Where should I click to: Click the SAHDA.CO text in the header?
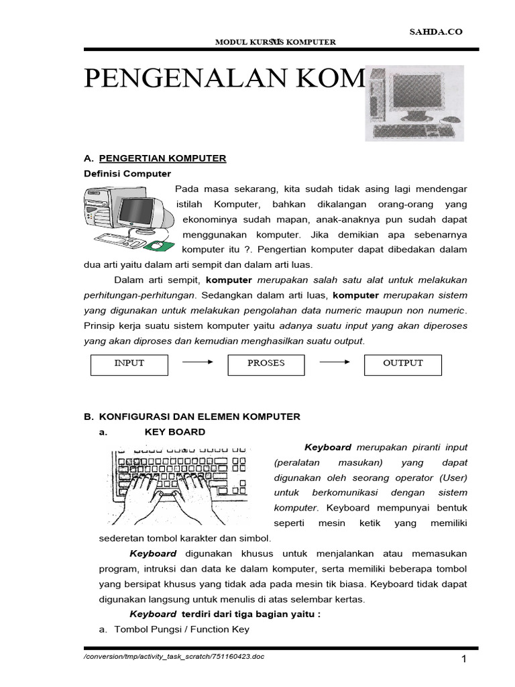[437, 32]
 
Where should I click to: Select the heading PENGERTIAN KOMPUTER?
[163, 158]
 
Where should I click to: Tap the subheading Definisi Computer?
[127, 174]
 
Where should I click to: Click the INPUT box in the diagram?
[129, 364]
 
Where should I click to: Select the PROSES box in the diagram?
[266, 364]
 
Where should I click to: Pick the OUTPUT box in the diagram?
[403, 364]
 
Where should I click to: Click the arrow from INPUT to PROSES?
[198, 363]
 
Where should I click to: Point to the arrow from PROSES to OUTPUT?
[335, 363]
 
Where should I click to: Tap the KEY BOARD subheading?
[175, 432]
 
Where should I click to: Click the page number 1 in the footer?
[463, 660]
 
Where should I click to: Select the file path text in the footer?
[174, 656]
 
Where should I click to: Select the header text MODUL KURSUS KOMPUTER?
[275, 42]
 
